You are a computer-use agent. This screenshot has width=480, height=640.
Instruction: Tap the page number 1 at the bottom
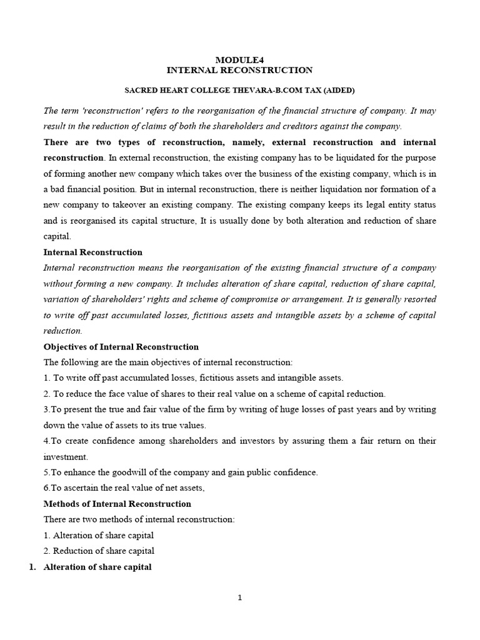click(x=240, y=598)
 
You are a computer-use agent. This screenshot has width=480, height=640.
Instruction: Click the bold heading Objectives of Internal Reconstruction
click(x=121, y=347)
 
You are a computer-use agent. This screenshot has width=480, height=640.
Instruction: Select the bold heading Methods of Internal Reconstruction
click(x=117, y=504)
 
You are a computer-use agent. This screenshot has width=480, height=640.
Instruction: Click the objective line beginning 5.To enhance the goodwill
click(x=181, y=472)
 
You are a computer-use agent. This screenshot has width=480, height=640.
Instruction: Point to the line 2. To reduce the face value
click(x=214, y=394)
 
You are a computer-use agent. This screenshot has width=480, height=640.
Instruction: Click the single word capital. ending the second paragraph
click(x=57, y=237)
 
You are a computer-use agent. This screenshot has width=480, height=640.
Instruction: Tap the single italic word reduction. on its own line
click(x=62, y=331)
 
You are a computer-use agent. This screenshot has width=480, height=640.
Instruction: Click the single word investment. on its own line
click(x=66, y=457)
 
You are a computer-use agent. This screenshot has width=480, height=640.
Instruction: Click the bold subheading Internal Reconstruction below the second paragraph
click(x=92, y=252)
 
